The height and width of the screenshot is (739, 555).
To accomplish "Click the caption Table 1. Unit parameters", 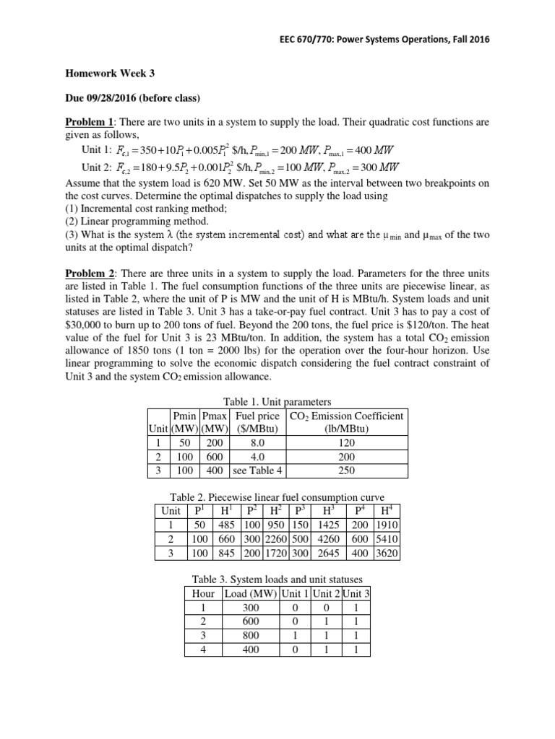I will click(x=277, y=402).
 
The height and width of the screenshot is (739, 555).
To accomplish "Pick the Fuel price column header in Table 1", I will click(x=257, y=416).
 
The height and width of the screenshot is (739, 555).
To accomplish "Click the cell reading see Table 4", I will click(x=257, y=470).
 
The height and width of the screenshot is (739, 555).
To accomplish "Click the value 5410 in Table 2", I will click(x=387, y=539).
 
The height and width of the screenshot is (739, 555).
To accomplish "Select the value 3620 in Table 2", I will click(x=387, y=553).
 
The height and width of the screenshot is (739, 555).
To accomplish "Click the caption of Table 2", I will click(x=277, y=498).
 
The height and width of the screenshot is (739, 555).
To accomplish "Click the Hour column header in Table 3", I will click(x=199, y=593).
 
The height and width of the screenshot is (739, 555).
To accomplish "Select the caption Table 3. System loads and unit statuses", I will click(x=277, y=580).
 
